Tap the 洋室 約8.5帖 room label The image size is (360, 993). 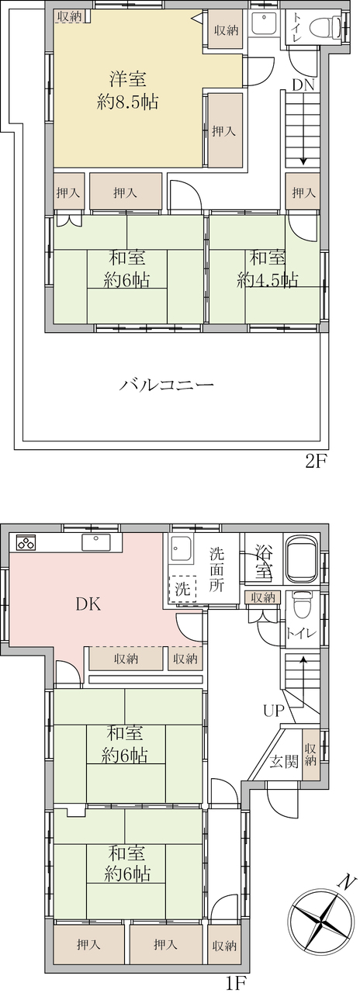pyautogui.click(x=127, y=91)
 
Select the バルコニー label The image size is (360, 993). pyautogui.click(x=167, y=384)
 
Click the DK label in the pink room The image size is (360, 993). pyautogui.click(x=88, y=604)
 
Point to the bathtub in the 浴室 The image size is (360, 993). pyautogui.click(x=303, y=560)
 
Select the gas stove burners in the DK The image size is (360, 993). pyautogui.click(x=26, y=542)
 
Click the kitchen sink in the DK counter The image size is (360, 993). pyautogui.click(x=95, y=541)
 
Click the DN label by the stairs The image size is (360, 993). pyautogui.click(x=303, y=85)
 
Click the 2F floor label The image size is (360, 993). pyautogui.click(x=316, y=462)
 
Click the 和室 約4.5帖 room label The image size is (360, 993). pyautogui.click(x=267, y=268)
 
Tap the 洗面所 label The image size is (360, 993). pyautogui.click(x=216, y=569)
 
